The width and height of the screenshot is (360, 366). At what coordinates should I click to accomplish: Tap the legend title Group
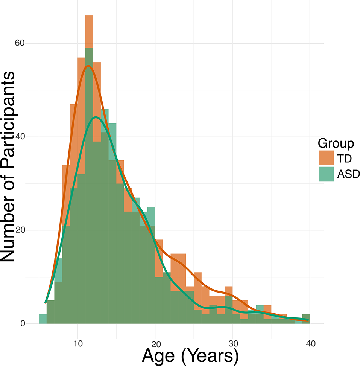336,143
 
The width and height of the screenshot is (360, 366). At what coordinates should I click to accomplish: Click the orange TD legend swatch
326,158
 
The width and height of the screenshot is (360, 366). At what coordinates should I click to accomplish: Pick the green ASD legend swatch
326,174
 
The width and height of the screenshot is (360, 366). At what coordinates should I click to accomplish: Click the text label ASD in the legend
348,175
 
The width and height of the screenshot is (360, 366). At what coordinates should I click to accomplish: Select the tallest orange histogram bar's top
89,16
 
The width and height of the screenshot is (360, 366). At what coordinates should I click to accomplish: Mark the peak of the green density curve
96,117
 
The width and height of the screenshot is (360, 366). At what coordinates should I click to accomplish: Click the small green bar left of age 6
43,319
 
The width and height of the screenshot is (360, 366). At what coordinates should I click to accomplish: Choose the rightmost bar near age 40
306,319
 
